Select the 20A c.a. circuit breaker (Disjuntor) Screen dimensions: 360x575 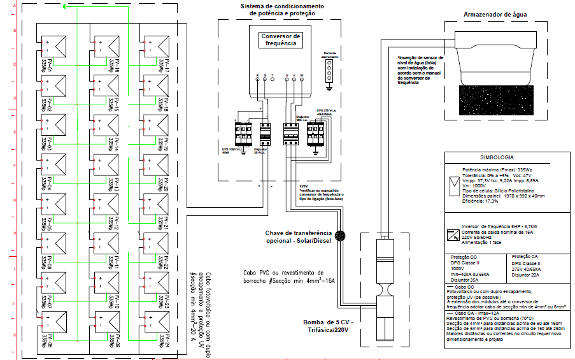pyautogui.click(x=291, y=134)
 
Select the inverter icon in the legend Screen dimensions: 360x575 pyautogui.click(x=451, y=234)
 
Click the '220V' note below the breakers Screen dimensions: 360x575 pyautogui.click(x=303, y=186)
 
